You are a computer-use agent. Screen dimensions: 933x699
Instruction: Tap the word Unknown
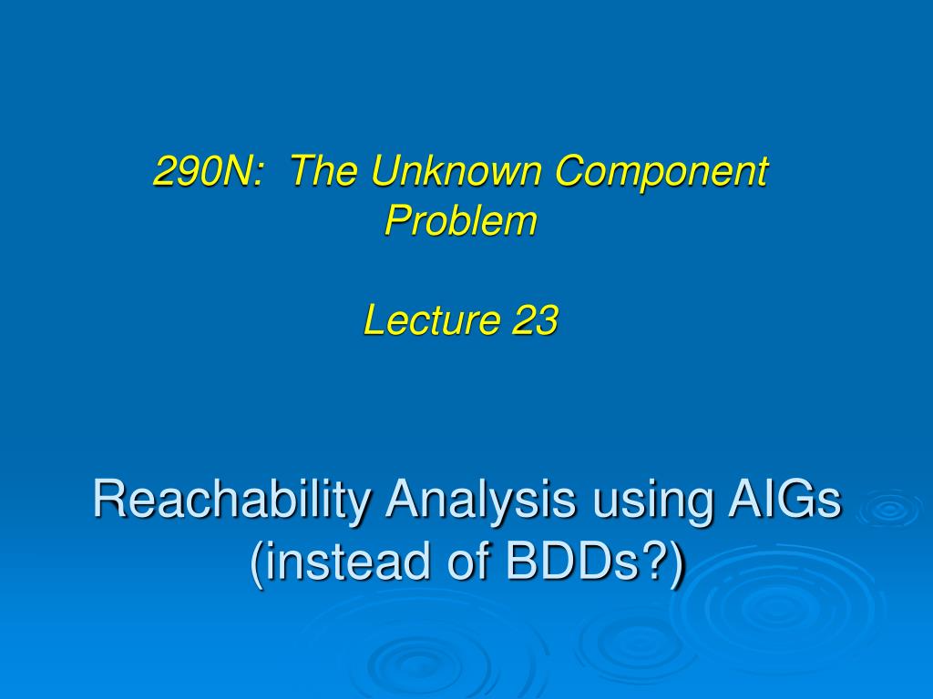(x=456, y=170)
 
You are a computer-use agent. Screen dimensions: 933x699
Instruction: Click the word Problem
(x=461, y=220)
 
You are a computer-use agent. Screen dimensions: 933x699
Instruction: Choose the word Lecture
(x=431, y=319)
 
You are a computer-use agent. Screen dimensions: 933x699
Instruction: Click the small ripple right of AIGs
(x=890, y=509)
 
